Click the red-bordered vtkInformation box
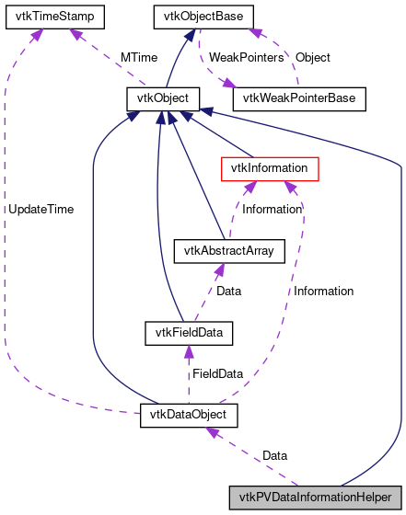(x=270, y=168)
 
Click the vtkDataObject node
(x=189, y=415)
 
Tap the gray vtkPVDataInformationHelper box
(x=315, y=497)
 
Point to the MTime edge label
(x=138, y=57)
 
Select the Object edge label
(x=312, y=57)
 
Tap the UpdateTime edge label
(x=41, y=209)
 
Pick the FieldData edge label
(x=216, y=374)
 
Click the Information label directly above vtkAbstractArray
(x=273, y=209)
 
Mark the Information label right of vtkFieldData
(x=323, y=291)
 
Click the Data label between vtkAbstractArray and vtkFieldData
(x=228, y=291)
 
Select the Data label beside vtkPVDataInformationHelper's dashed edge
(x=274, y=455)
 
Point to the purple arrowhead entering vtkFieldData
(x=188, y=350)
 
